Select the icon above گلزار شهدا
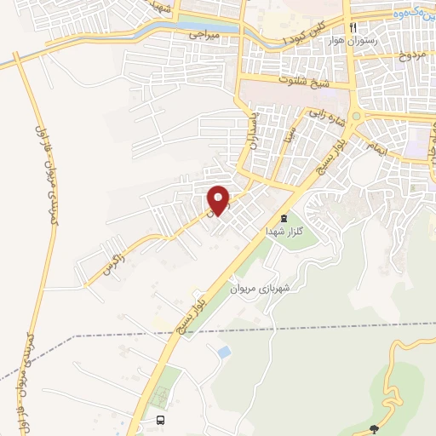coord(284,218)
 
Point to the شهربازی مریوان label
coord(260,288)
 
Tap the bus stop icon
coord(161,420)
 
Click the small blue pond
coord(224,351)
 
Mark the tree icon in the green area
coord(372,428)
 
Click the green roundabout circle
coord(357,117)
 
